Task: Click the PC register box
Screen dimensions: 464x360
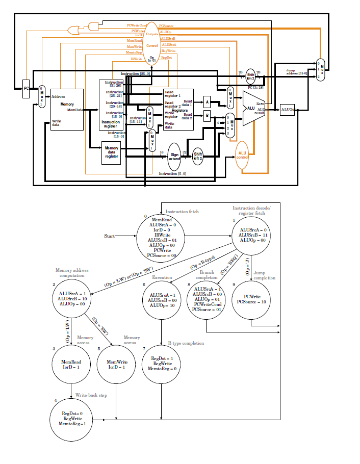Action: click(27, 91)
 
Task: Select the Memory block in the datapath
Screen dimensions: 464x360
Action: click(67, 109)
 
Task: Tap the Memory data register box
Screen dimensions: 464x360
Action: click(111, 152)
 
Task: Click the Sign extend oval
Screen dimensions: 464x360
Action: click(174, 156)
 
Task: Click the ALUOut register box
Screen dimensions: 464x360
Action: click(288, 109)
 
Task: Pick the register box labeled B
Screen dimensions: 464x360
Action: click(207, 116)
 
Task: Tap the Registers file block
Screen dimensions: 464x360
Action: click(178, 109)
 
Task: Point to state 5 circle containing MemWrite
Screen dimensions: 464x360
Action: click(117, 364)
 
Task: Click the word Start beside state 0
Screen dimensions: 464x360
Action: click(109, 236)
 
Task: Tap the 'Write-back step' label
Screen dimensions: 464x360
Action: click(91, 395)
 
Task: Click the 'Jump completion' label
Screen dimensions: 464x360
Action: click(264, 275)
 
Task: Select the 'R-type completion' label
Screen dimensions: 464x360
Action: click(186, 343)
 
